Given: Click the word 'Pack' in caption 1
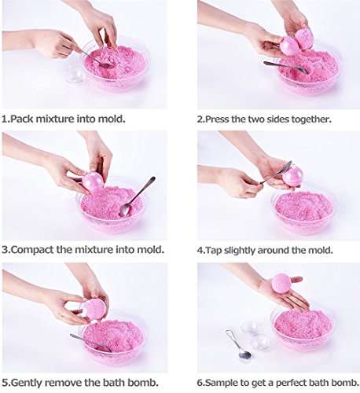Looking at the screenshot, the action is (21, 119).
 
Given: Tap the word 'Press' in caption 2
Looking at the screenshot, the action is (217, 119).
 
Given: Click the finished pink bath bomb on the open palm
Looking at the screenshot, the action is (281, 282).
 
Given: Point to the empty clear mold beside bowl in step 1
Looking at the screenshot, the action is (75, 75).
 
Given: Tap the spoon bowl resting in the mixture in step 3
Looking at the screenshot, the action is (125, 210).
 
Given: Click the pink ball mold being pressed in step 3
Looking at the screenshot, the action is (93, 182).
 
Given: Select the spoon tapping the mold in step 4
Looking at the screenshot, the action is (276, 172).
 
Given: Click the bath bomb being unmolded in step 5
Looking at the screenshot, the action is (94, 309).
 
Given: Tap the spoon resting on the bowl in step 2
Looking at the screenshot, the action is (285, 67).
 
